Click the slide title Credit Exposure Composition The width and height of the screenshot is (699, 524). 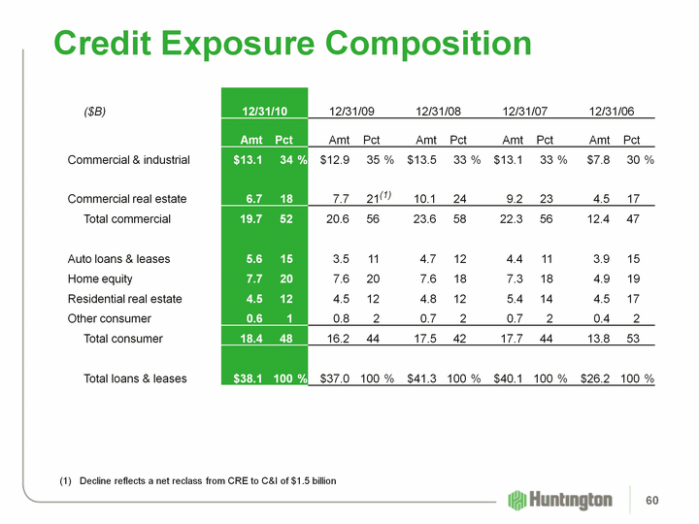pos(292,44)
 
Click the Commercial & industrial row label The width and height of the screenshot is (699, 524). pos(128,160)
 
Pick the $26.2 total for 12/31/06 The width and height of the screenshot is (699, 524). pos(594,378)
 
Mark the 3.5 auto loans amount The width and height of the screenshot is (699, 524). pos(341,259)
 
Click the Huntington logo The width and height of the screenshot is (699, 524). pos(560,499)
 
